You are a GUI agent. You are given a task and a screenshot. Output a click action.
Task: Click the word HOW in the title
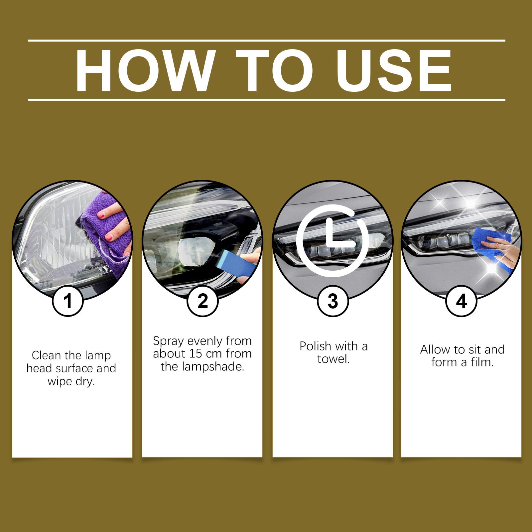coord(143,71)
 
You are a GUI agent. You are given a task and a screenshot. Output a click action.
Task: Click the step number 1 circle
coord(68,301)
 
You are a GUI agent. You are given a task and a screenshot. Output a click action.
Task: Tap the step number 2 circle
coord(202,301)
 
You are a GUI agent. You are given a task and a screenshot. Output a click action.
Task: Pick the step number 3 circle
coord(333,301)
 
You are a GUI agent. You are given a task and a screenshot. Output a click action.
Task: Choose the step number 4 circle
coord(461,301)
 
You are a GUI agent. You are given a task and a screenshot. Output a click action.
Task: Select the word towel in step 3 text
coord(333,359)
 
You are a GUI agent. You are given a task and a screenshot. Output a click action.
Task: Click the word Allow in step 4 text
coord(433,349)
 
